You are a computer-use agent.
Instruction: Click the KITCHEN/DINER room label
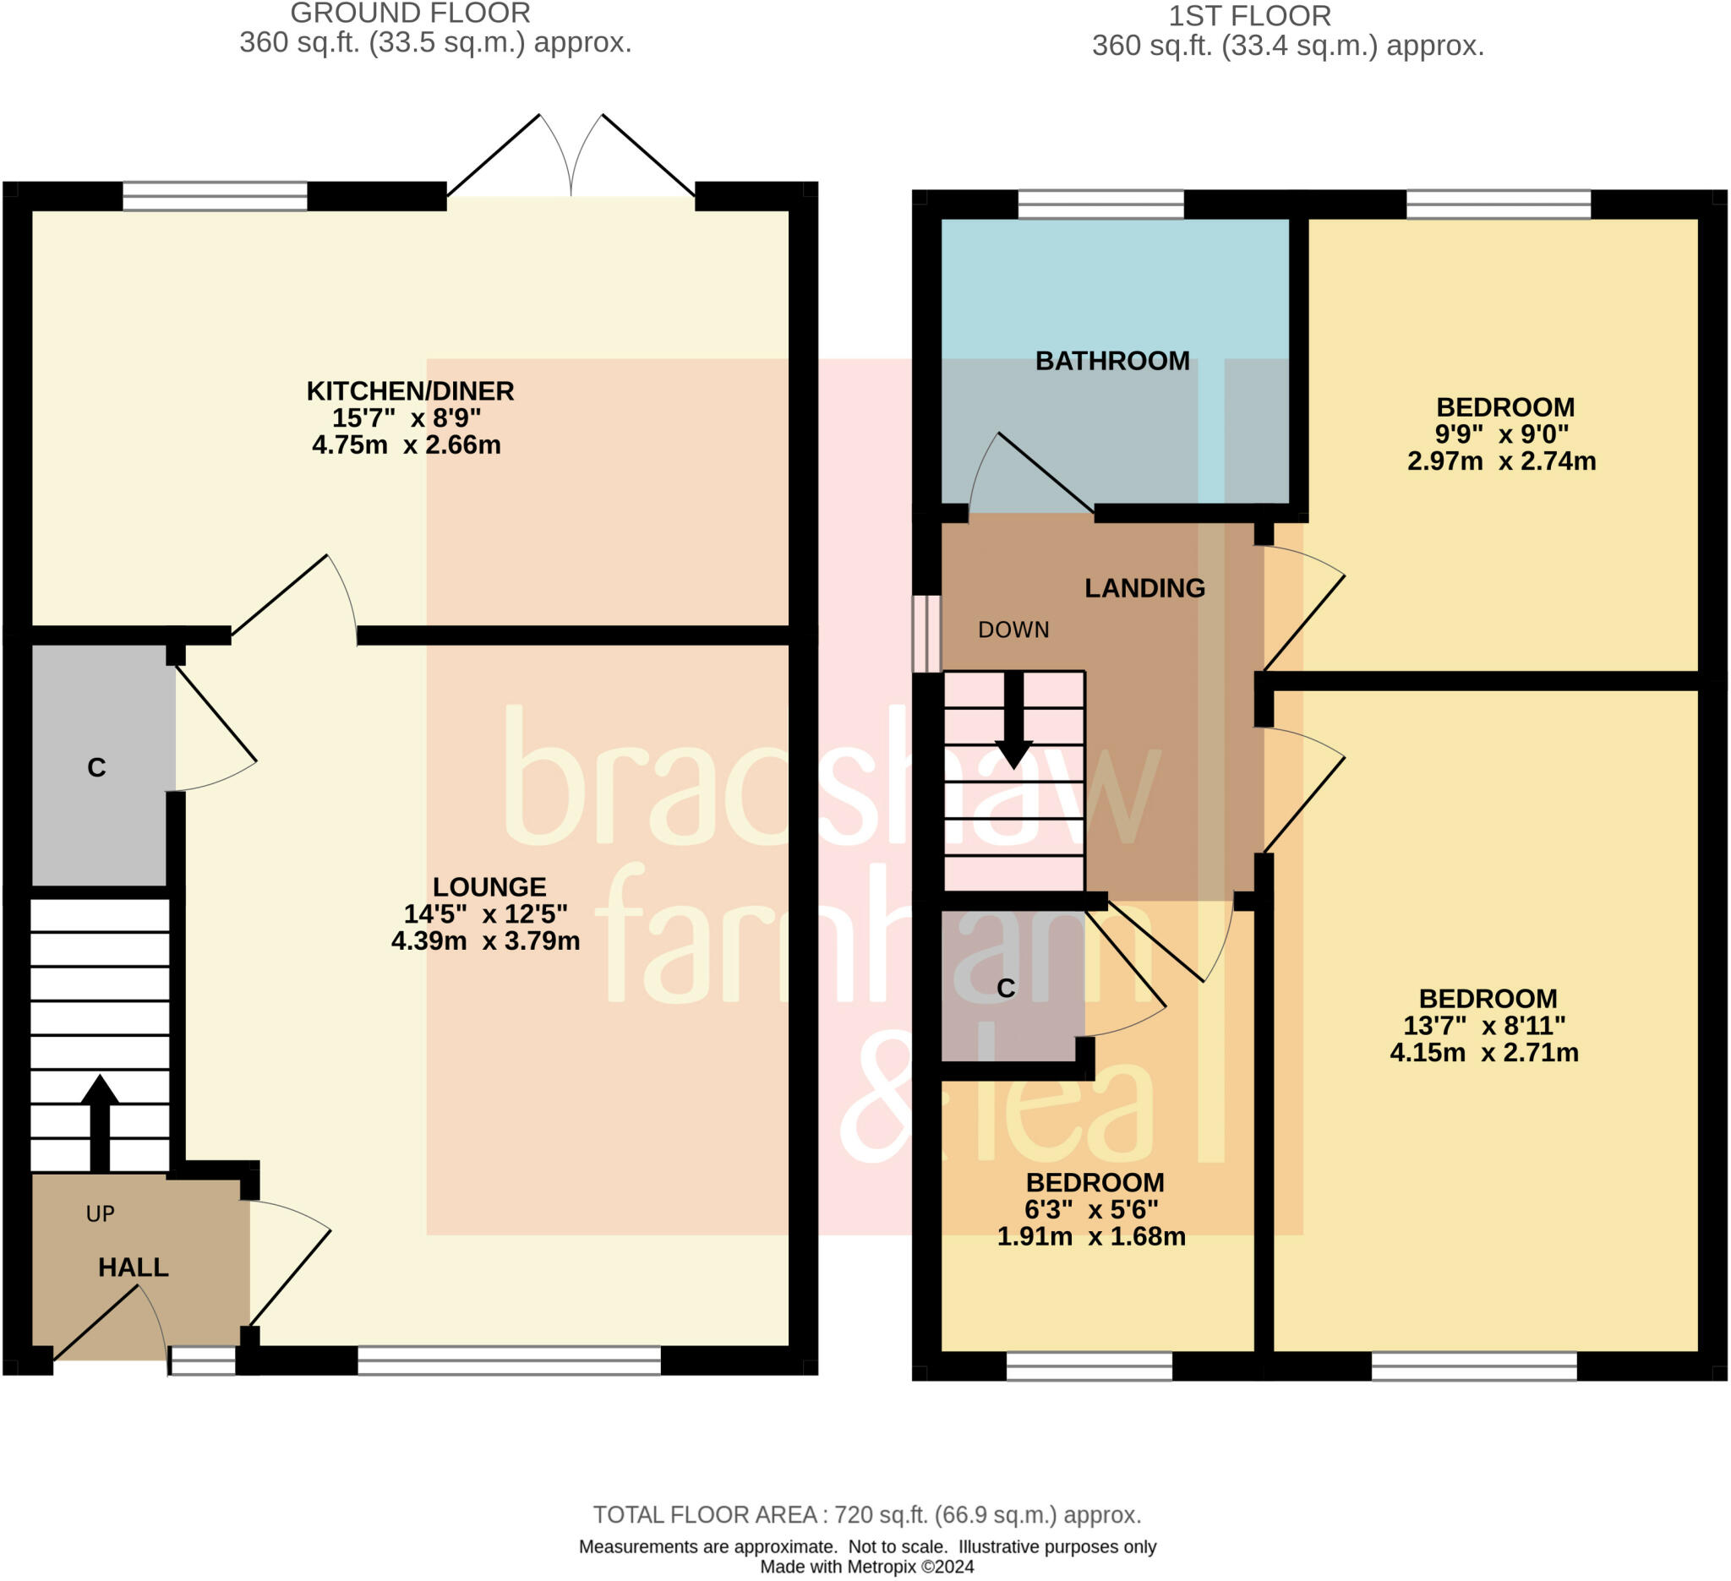coord(411,391)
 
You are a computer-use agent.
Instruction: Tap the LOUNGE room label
coord(489,886)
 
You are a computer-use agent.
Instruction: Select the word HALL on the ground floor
coord(133,1267)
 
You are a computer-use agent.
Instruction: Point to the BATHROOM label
coord(1112,361)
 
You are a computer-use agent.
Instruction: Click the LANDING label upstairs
coord(1144,588)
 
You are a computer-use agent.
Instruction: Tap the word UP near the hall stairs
coord(101,1213)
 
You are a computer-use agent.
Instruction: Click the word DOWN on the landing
coord(1013,630)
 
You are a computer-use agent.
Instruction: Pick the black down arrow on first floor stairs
coord(1014,719)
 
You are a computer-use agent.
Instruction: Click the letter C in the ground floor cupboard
coord(96,767)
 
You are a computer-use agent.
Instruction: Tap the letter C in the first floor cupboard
coord(1007,989)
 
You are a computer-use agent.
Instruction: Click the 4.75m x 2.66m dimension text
coord(407,444)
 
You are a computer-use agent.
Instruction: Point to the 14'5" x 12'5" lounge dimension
coord(486,914)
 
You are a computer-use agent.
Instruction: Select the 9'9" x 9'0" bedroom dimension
coord(1502,434)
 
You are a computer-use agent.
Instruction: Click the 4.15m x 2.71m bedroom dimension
coord(1484,1052)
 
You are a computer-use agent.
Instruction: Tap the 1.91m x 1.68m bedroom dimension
coord(1091,1236)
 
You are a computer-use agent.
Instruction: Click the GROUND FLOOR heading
coord(411,14)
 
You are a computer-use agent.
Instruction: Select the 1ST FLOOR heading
coord(1250,16)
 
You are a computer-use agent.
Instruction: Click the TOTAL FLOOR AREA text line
coord(867,1515)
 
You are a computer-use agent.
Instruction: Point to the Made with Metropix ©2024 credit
coord(867,1567)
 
